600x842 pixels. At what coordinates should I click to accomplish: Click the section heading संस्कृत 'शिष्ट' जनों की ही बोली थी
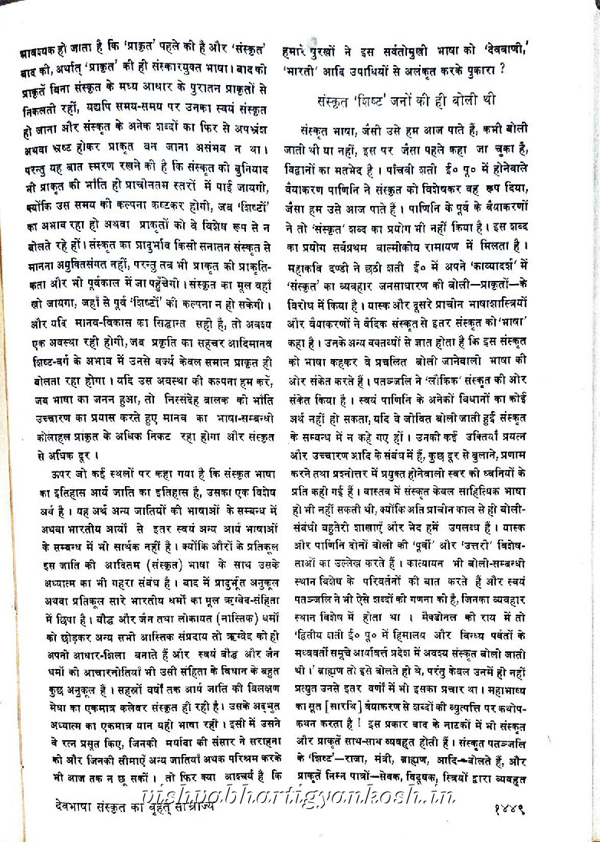click(406, 100)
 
